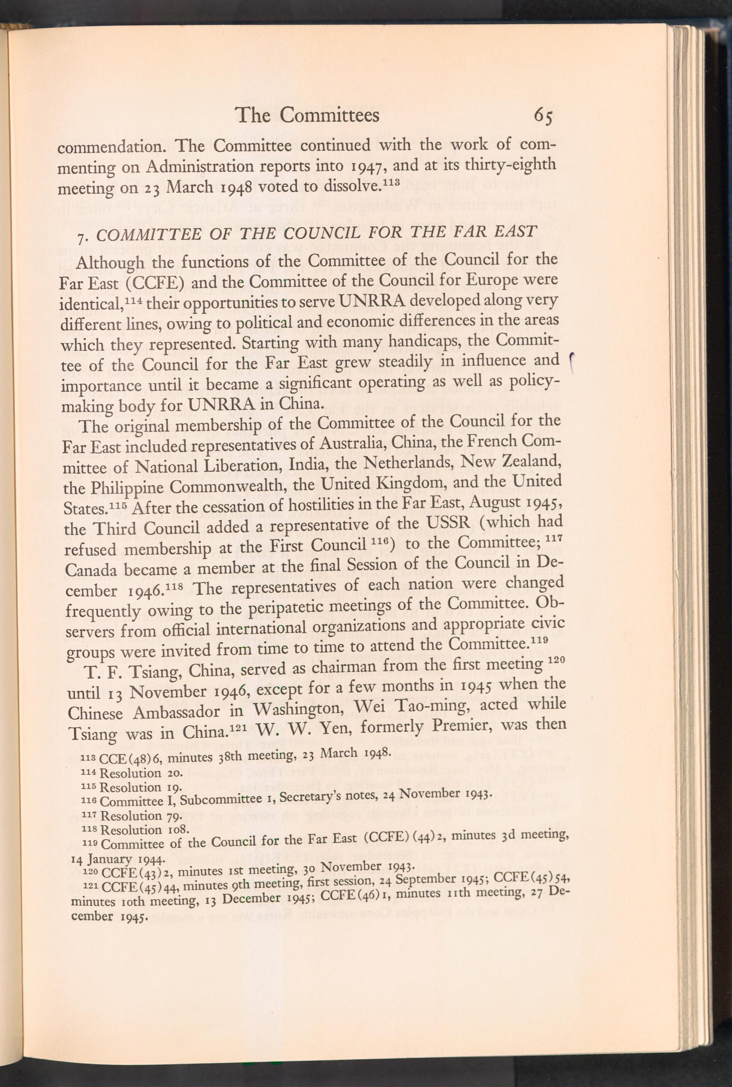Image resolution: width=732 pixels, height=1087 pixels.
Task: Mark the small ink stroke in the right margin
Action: click(573, 362)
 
